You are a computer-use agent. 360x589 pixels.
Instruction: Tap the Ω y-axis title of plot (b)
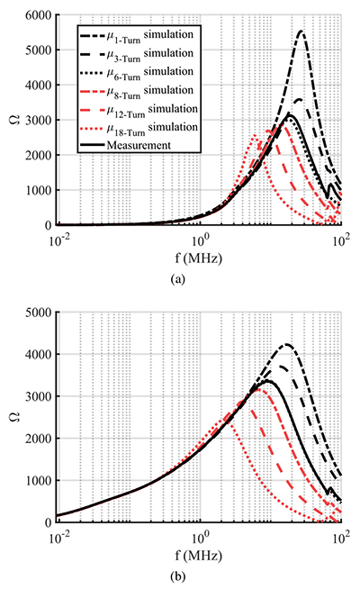tap(22, 417)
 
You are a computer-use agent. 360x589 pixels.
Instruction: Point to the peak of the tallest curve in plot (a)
tap(301, 32)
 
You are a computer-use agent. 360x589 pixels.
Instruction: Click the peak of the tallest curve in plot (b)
tap(287, 344)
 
